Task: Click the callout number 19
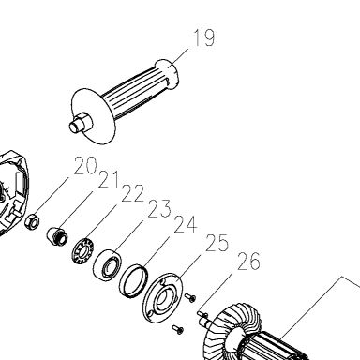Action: [x=204, y=37]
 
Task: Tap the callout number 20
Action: [x=85, y=165]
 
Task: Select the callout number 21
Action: [x=109, y=179]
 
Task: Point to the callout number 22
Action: [x=132, y=193]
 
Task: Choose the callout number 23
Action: [x=159, y=209]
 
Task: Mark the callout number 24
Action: [x=186, y=224]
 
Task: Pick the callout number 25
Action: [x=217, y=243]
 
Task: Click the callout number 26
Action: [x=248, y=262]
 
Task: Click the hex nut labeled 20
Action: [x=32, y=221]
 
